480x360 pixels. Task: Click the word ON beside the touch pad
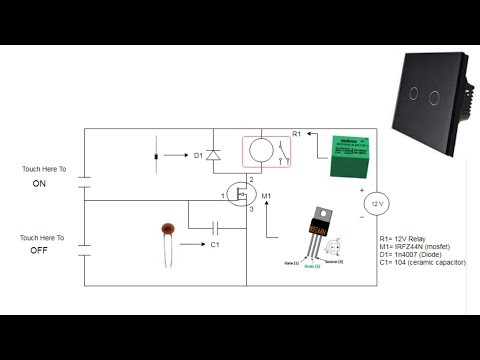tap(40, 185)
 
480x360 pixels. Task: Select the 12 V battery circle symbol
tap(376, 204)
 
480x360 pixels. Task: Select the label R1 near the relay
tap(296, 133)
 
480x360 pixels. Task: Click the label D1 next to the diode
tap(199, 155)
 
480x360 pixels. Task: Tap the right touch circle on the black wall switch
tap(433, 96)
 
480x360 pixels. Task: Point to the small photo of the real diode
tap(156, 156)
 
